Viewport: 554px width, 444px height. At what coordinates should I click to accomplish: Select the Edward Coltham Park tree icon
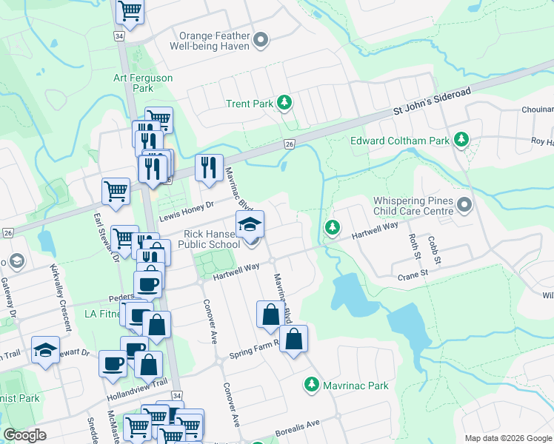coord(461,140)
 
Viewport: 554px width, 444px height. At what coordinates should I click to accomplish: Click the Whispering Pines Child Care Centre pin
coord(464,204)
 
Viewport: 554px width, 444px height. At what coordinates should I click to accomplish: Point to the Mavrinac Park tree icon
coord(312,386)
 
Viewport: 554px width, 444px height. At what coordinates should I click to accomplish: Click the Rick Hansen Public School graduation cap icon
coord(250,224)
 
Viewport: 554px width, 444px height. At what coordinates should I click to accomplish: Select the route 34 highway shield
coord(119,36)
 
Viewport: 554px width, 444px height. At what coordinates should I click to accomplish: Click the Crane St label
coord(413,273)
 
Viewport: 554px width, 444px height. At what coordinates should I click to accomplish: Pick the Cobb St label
coord(434,251)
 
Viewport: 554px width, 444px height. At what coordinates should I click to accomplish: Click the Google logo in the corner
coord(25,435)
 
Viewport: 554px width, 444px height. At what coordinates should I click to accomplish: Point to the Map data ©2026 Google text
coord(508,438)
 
